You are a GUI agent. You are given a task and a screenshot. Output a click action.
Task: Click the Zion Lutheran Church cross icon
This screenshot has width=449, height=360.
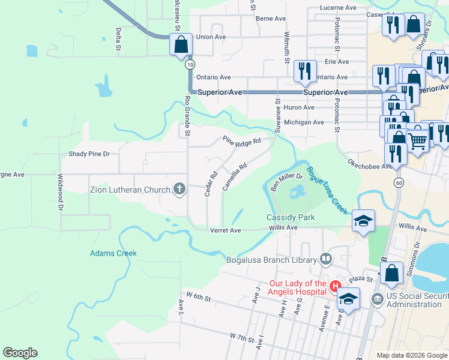coord(179,190)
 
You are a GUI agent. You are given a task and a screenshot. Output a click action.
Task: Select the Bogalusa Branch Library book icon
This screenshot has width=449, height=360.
coord(326,260)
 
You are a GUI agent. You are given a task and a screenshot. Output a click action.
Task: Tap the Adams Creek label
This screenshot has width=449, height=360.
coord(113,253)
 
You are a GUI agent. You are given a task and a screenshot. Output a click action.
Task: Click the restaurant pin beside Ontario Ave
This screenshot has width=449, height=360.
coord(305,71)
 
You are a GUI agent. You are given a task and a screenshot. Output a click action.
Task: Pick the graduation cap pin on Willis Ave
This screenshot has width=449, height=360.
coord(363,221)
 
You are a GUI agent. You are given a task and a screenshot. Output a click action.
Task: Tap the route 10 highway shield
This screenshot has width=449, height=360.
coord(190,64)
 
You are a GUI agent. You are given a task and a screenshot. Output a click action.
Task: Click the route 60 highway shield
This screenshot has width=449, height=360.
coord(398,182)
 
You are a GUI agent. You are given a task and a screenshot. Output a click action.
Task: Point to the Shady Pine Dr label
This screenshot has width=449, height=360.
coord(89,154)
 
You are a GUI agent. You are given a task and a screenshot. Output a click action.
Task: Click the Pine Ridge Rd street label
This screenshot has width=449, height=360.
coord(242,142)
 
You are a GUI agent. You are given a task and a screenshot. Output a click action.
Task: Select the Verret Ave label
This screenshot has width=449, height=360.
coord(226,230)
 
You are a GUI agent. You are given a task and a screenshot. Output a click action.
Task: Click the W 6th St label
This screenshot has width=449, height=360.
coord(199,297)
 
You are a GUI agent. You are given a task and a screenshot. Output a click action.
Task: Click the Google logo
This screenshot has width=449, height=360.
coord(20,353)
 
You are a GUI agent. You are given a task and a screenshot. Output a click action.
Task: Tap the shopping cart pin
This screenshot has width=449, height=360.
coord(418,140)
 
